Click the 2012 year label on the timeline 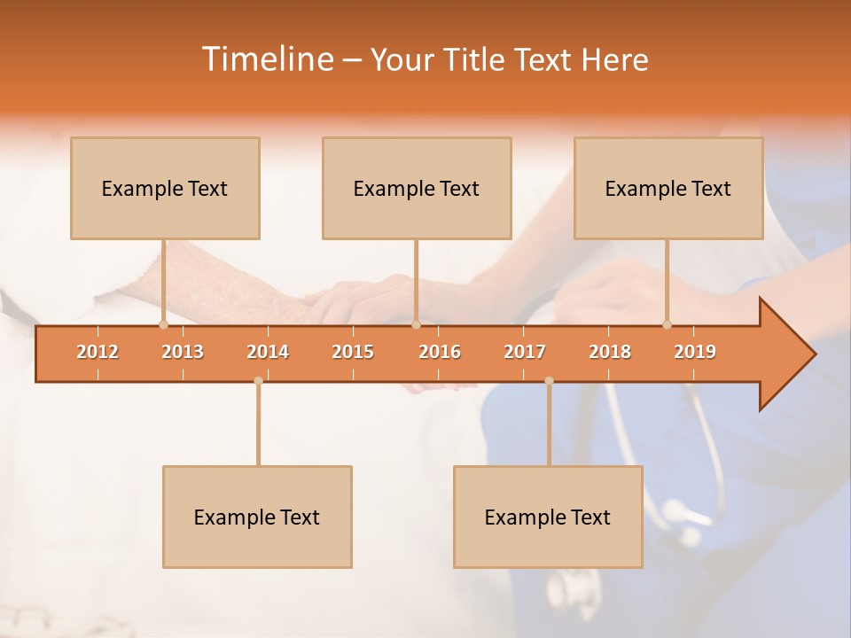pos(98,352)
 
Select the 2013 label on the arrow pos(183,352)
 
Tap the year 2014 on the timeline pos(268,352)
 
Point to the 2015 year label pos(353,352)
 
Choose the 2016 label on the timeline pos(440,352)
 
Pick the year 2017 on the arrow pos(525,352)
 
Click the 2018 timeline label pos(610,352)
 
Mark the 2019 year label pos(695,352)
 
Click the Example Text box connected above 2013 pos(165,188)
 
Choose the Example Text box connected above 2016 pos(417,188)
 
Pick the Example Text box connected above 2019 pos(668,188)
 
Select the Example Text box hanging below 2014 pos(257,517)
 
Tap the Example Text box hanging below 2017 pos(548,517)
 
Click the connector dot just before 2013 pos(163,324)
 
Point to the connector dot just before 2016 pos(416,324)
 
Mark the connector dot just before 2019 pos(667,324)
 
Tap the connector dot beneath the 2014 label pos(258,381)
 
